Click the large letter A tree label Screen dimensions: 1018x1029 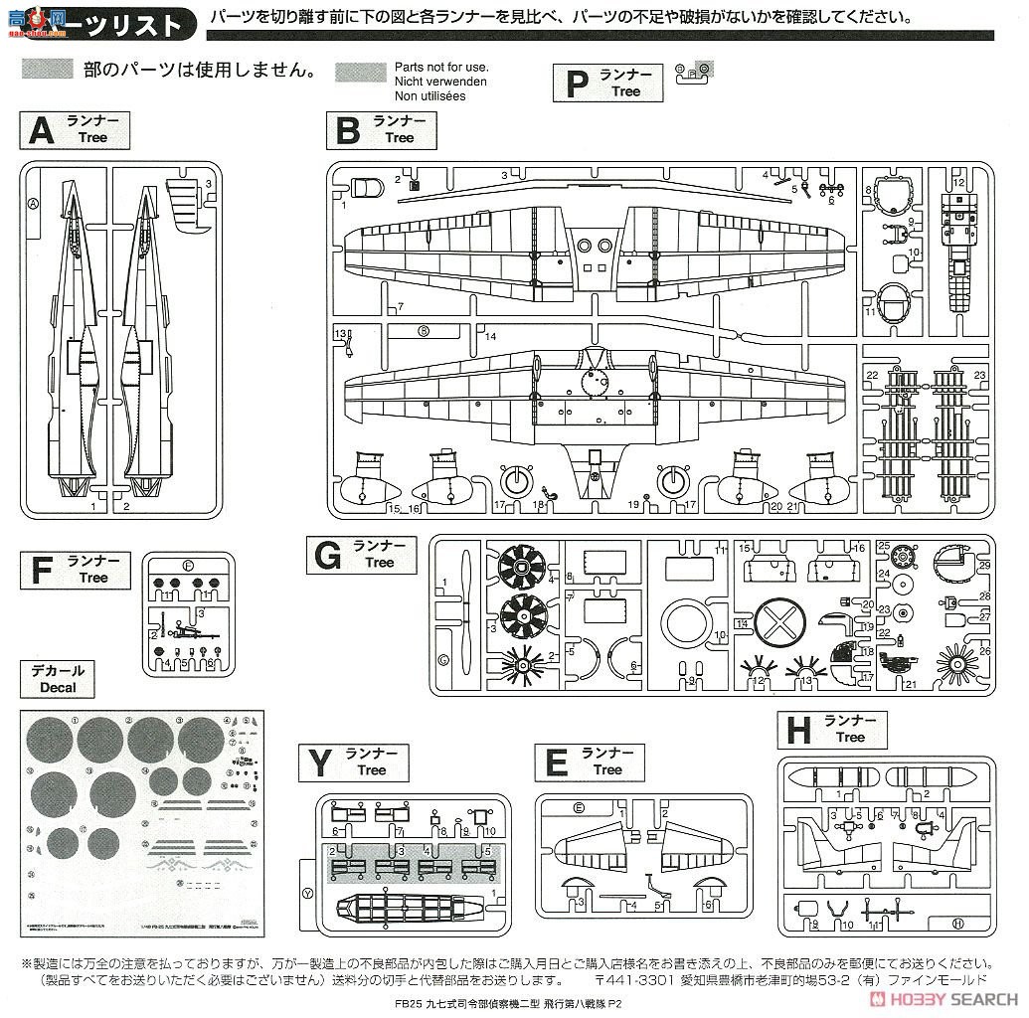tap(41, 130)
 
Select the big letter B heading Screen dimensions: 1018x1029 tap(347, 130)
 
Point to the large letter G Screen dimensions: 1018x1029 tap(328, 555)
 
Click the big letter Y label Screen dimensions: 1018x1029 tap(319, 763)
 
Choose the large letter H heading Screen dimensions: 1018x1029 tap(798, 731)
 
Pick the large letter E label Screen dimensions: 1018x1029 tap(557, 763)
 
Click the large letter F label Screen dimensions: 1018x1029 tap(41, 571)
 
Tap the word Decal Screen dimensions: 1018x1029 tap(58, 687)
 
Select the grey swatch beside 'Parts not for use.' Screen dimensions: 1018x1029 tap(361, 72)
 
